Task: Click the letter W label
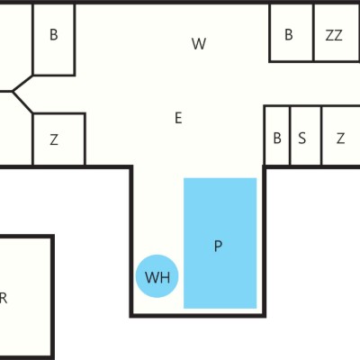[x=199, y=44]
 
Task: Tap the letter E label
[x=178, y=118]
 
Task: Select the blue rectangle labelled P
[x=220, y=243]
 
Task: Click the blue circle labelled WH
[x=157, y=276]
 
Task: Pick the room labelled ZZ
[x=337, y=33]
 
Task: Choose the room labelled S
[x=306, y=137]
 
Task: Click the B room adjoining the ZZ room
[x=292, y=33]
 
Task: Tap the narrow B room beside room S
[x=277, y=137]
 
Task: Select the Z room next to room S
[x=341, y=137]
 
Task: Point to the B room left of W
[x=54, y=39]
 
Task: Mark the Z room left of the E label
[x=58, y=139]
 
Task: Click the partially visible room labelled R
[x=25, y=297]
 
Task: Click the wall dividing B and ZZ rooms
[x=313, y=33]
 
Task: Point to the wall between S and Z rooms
[x=322, y=136]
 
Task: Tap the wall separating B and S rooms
[x=290, y=136]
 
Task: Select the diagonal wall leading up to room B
[x=22, y=83]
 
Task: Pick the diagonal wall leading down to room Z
[x=22, y=102]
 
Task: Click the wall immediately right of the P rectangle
[x=265, y=241]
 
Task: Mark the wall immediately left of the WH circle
[x=131, y=241]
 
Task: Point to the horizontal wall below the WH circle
[x=198, y=316]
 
